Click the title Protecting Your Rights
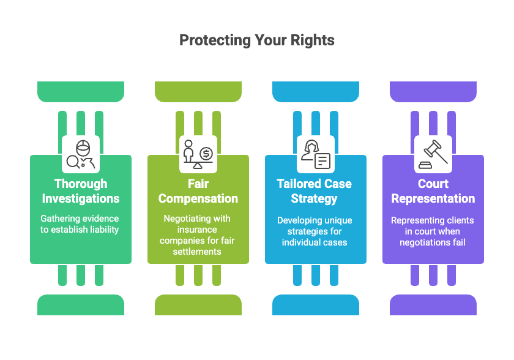257,40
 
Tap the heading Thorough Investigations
81,191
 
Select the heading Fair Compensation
198,191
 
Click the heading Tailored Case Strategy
316,191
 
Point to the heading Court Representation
433,191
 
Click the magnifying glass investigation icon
81,154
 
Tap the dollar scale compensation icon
198,154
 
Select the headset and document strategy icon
316,154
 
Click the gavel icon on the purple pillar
433,154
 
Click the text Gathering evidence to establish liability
81,224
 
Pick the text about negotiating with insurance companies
198,235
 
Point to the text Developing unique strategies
316,231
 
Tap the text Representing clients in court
433,231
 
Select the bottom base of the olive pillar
198,305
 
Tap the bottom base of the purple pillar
433,305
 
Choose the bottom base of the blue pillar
316,305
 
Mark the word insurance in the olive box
198,230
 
